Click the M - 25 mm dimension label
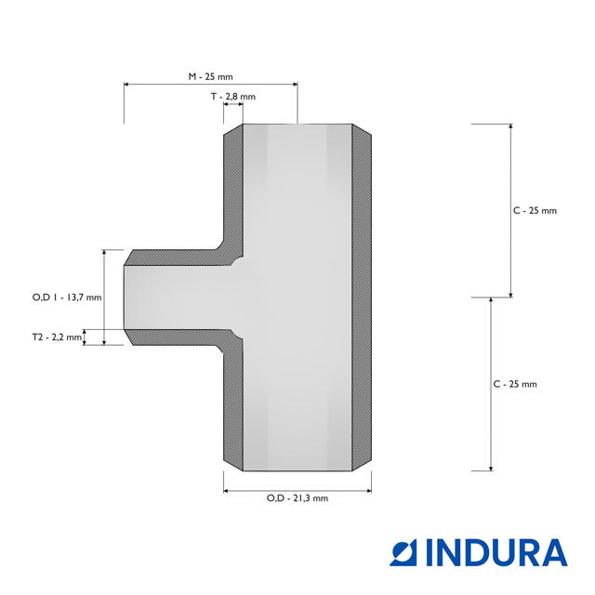click(211, 76)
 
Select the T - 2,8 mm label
click(233, 97)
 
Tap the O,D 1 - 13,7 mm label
click(67, 297)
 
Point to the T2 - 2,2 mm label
click(57, 337)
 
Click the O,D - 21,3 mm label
click(297, 498)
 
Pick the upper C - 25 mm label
click(535, 211)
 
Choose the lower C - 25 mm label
click(515, 384)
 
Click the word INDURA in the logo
click(496, 553)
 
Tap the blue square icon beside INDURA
click(403, 553)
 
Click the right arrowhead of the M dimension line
click(295, 85)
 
